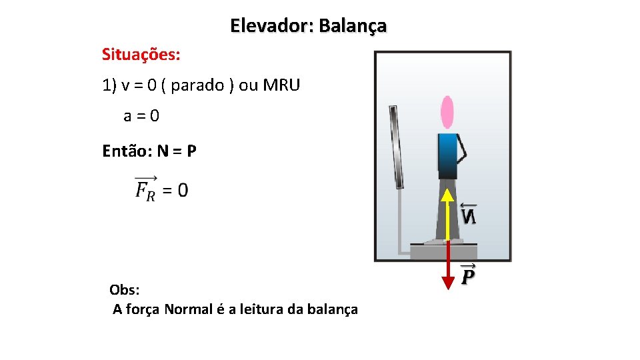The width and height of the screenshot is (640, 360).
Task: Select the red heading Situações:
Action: [141, 54]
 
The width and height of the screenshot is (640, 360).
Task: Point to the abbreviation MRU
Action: [282, 85]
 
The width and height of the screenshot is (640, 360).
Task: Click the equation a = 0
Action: [141, 116]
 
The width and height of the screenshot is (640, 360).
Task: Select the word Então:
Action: [127, 151]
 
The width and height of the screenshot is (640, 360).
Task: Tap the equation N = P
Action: [177, 151]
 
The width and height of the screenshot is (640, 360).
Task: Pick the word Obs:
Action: [125, 290]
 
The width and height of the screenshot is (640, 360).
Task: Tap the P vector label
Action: [469, 274]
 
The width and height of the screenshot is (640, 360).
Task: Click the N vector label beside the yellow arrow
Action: [469, 215]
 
